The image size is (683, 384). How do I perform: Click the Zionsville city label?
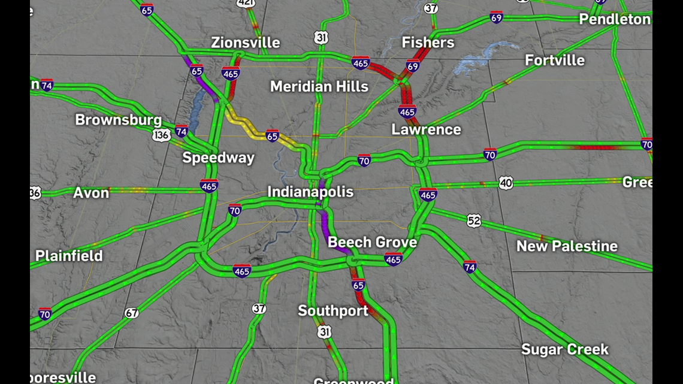[245, 43]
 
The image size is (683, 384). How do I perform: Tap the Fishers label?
[428, 43]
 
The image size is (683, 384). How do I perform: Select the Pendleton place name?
[614, 20]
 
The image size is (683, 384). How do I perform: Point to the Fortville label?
[554, 60]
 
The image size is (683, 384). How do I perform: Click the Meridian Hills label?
[319, 86]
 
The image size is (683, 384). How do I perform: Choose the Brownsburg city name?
[118, 119]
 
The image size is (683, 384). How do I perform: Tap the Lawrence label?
[426, 129]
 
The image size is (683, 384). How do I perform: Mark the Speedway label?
[218, 158]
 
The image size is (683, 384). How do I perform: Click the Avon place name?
[91, 193]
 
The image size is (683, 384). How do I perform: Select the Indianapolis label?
[310, 192]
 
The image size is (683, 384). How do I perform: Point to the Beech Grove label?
[372, 242]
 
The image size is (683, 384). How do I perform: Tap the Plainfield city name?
[69, 256]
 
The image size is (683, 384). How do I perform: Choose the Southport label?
[333, 311]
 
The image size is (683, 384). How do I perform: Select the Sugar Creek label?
[564, 349]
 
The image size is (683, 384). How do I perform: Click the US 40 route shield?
[506, 183]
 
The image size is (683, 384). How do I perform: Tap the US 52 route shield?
[474, 221]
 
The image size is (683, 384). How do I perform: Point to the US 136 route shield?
[161, 135]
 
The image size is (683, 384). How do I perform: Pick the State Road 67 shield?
[132, 313]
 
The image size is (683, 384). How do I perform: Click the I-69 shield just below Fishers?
[412, 66]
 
